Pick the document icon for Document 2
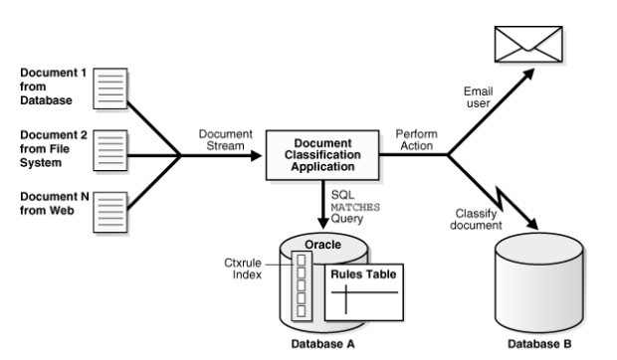click(x=110, y=147)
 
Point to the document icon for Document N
click(x=110, y=212)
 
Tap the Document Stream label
click(x=225, y=139)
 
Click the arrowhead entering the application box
click(x=261, y=155)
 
